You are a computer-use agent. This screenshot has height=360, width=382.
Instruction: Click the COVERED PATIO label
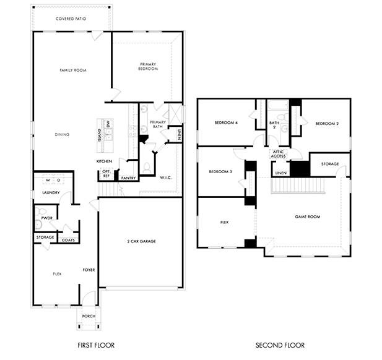[71, 19]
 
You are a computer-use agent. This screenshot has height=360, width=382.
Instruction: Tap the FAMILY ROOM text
[72, 71]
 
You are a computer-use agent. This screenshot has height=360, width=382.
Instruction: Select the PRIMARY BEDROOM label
[148, 66]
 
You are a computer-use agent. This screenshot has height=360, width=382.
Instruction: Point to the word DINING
[62, 134]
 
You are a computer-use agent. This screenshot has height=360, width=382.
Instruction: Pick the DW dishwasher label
[108, 126]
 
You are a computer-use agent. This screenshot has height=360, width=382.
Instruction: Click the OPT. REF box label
[106, 174]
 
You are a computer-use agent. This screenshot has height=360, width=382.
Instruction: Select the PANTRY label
[128, 178]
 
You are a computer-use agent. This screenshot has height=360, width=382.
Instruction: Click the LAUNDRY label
[51, 192]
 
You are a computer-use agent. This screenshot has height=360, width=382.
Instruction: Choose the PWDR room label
[46, 218]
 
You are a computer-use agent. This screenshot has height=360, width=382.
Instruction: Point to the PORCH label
[89, 316]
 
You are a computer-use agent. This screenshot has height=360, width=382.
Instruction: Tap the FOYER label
[89, 270]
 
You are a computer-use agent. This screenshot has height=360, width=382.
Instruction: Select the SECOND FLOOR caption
[281, 345]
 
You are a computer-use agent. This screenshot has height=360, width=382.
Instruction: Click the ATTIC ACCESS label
[279, 154]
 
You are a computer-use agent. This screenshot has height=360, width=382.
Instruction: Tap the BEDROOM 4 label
[226, 123]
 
